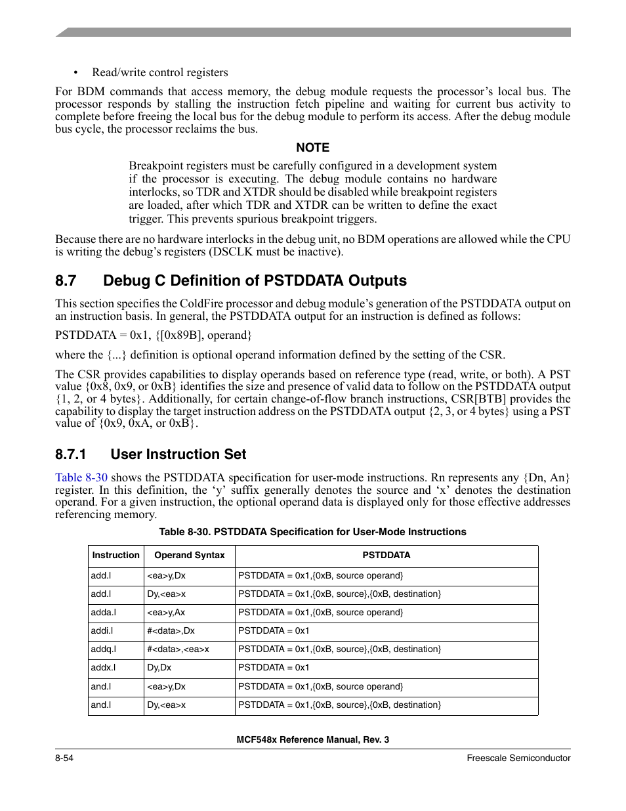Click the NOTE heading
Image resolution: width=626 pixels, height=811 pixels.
pos(312,148)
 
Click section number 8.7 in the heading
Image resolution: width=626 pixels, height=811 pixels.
pos(66,281)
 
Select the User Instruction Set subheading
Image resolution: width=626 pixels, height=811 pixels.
pos(178,454)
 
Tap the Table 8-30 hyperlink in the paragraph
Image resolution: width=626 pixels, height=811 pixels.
pos(81,477)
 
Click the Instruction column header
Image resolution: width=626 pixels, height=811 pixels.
pos(116,556)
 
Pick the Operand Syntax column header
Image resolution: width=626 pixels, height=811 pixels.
pos(189,556)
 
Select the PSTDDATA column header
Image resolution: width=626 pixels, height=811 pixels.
pos(386,556)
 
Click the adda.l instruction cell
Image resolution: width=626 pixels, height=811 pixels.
pos(104,613)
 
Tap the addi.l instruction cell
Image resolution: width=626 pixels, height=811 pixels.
pos(102,631)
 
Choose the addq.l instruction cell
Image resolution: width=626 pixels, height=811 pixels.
pos(104,649)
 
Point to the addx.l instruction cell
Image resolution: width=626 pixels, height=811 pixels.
pos(104,668)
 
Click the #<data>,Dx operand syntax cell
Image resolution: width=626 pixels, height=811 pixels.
pos(171,631)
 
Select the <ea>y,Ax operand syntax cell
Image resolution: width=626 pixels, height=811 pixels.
pos(166,613)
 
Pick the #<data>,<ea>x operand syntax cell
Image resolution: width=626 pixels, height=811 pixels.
pos(178,649)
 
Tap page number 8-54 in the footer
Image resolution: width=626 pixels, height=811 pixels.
pos(64,758)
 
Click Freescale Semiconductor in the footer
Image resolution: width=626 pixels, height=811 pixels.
pos(518,758)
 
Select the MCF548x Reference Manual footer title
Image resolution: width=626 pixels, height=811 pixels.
pos(312,739)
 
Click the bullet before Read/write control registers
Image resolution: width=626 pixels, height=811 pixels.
pos(76,73)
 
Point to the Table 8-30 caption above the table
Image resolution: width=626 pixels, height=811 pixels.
pos(312,532)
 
